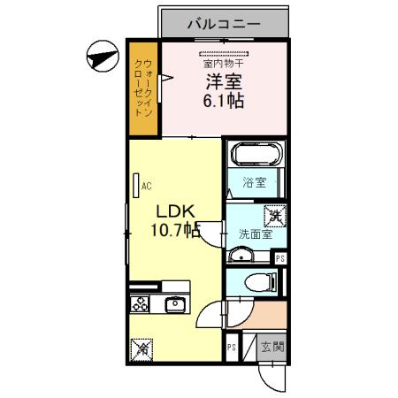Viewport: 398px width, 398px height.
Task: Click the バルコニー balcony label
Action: point(223,23)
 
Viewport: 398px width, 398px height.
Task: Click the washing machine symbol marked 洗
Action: point(274,215)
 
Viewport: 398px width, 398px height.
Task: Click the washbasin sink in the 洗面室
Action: point(240,256)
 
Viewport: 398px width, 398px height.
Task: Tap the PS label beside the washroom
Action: point(280,258)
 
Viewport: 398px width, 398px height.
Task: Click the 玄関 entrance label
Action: point(272,348)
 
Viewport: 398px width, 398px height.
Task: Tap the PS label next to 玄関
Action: point(232,348)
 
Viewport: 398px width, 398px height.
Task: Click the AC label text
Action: point(147,187)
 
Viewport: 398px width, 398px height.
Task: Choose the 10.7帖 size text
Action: point(176,232)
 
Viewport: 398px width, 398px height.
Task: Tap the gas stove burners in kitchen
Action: point(141,304)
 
